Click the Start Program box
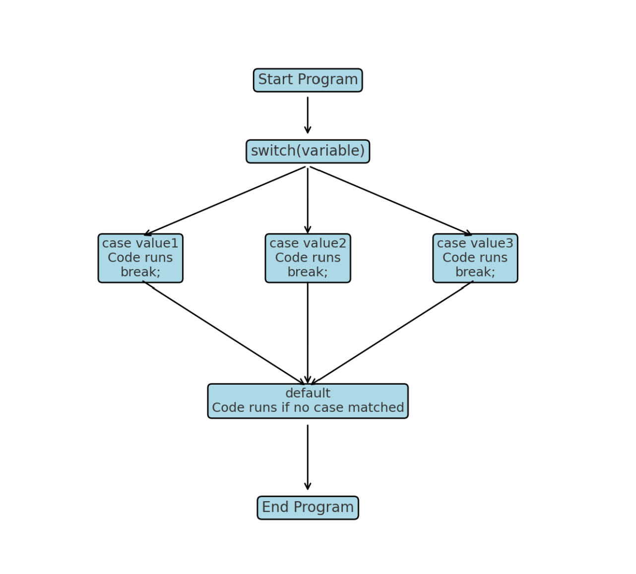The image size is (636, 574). point(308,80)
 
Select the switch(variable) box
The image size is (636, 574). point(308,151)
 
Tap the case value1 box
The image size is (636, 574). point(140,258)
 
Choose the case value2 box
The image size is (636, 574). point(308,258)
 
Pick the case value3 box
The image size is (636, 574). point(475,258)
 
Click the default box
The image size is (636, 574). point(308,401)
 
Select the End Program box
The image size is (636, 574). point(308,508)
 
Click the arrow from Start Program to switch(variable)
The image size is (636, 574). point(308,115)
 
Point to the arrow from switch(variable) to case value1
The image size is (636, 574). point(225,201)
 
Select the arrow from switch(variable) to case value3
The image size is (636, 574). point(391,201)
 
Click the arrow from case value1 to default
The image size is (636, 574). point(224,333)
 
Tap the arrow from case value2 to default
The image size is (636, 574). point(308,332)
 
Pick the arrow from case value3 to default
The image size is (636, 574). point(392,333)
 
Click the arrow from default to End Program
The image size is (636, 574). point(308,457)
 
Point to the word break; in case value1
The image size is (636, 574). point(140,272)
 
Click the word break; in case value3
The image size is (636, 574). point(475,272)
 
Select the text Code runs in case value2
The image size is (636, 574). point(308,258)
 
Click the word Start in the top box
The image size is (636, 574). point(275,80)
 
